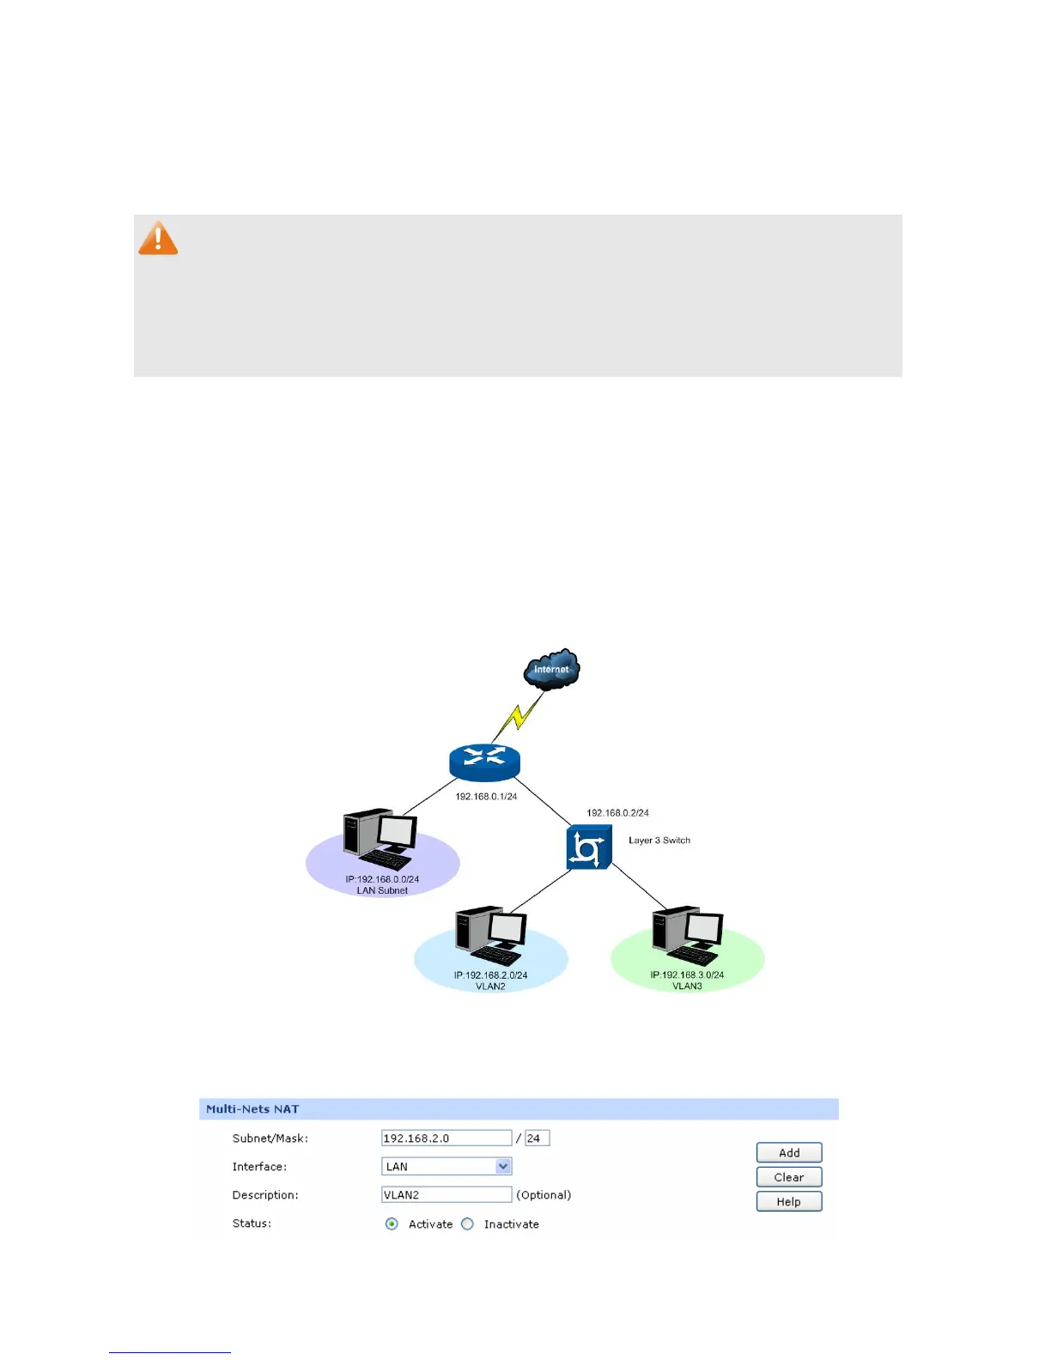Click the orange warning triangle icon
(158, 239)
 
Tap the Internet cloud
(552, 669)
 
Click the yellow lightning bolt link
(519, 716)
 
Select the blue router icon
(484, 762)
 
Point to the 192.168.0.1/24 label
(486, 797)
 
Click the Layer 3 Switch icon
(589, 847)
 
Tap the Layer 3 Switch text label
(659, 841)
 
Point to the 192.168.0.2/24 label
(617, 812)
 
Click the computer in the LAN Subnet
(380, 839)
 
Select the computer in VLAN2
(491, 935)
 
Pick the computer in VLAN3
(688, 935)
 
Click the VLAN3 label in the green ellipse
(687, 987)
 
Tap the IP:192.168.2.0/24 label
(490, 975)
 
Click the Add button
(789, 1153)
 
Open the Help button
(789, 1202)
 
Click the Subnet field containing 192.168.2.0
(447, 1138)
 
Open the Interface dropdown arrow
(504, 1167)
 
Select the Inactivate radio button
(467, 1224)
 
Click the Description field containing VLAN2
(447, 1195)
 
